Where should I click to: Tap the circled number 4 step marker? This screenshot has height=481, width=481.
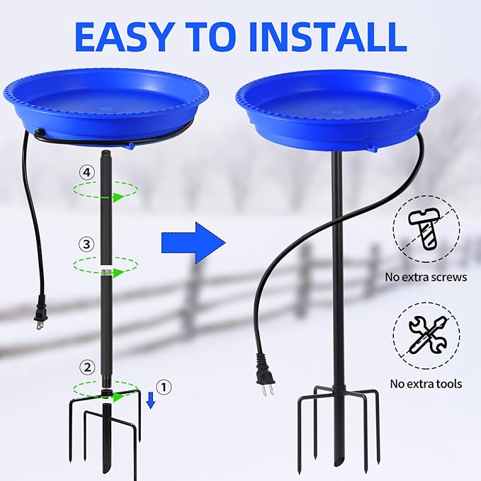point(86,172)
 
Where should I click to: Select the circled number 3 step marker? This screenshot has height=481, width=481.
point(86,244)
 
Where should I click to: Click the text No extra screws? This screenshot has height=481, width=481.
point(426,277)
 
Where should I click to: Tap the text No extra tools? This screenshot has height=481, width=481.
point(426,384)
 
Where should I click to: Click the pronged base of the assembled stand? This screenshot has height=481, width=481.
point(337,432)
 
